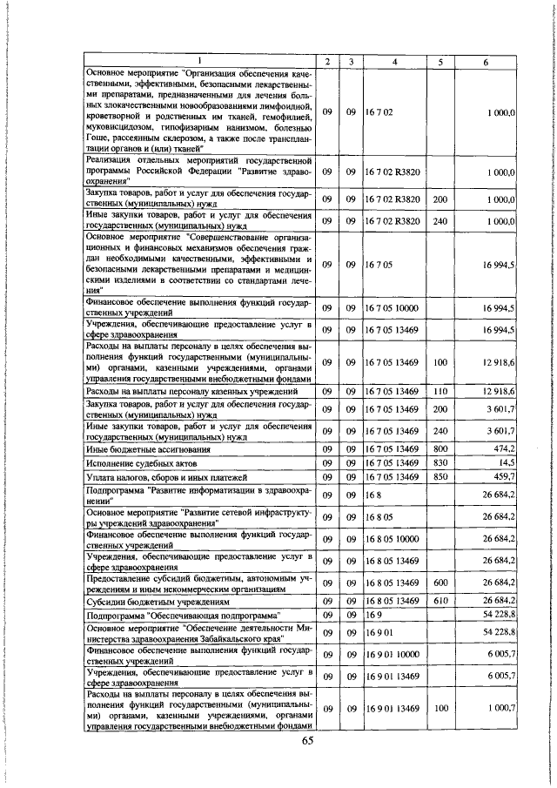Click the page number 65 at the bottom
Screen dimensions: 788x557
point(306,741)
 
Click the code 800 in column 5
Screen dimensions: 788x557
point(440,448)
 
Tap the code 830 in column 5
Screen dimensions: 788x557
point(440,462)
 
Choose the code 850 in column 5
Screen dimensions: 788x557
point(440,477)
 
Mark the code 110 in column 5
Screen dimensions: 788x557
point(440,392)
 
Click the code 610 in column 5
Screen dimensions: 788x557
point(440,601)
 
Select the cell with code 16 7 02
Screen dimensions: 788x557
point(381,113)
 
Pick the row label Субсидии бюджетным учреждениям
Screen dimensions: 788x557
point(156,601)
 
